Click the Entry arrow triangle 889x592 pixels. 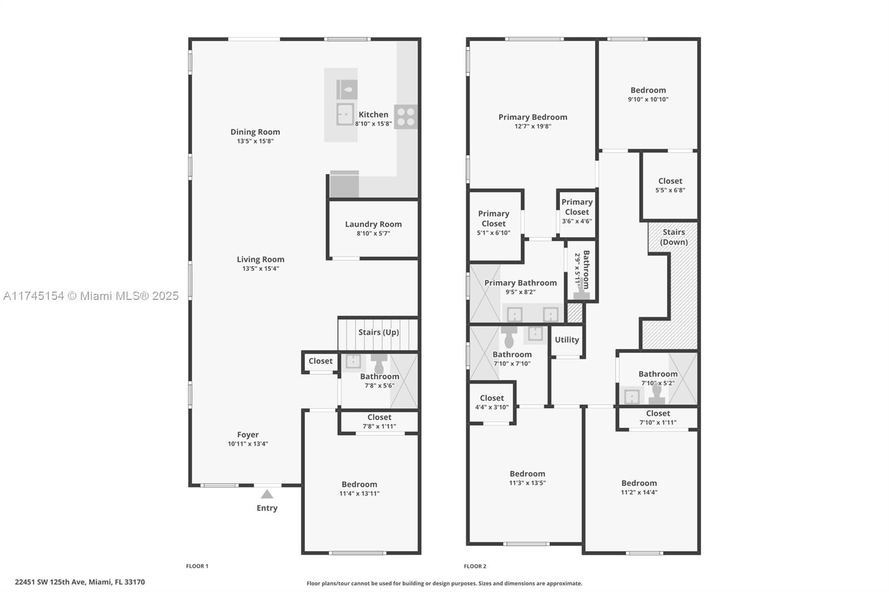click(267, 494)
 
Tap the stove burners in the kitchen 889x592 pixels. click(406, 117)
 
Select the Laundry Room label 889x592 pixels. click(373, 224)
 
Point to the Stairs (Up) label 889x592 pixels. click(378, 332)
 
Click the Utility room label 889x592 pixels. click(567, 340)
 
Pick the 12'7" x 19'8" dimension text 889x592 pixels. click(533, 127)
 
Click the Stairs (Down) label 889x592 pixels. click(674, 237)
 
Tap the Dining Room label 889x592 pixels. click(255, 132)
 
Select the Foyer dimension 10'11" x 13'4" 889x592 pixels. click(248, 444)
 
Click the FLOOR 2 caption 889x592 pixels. click(475, 566)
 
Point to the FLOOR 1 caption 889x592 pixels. click(197, 566)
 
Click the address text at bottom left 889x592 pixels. click(80, 582)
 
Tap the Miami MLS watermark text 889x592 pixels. click(91, 295)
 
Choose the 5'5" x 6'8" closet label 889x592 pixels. click(670, 190)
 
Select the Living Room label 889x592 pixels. click(261, 259)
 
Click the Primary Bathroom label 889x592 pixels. click(520, 283)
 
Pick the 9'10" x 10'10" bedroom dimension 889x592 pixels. click(648, 99)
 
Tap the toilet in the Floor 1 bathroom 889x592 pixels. click(379, 364)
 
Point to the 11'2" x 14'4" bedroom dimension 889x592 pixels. click(639, 493)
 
